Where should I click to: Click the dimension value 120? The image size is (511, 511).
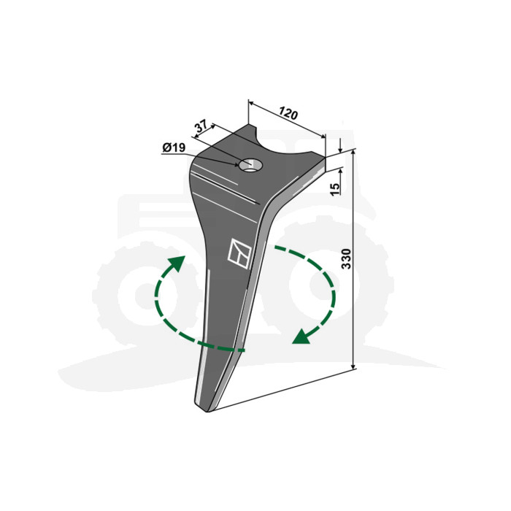288,114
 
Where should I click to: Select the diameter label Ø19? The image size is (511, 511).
174,147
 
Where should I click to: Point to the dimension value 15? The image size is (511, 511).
335,189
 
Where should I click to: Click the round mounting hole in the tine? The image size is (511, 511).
250,165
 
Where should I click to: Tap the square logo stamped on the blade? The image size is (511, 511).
239,254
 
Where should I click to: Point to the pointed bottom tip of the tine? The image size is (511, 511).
206,410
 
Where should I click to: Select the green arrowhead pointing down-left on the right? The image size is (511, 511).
301,337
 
